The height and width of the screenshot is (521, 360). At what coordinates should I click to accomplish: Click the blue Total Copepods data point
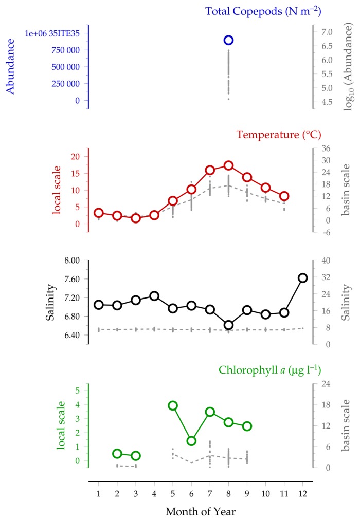(x=228, y=40)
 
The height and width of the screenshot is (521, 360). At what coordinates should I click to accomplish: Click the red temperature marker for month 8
(x=228, y=165)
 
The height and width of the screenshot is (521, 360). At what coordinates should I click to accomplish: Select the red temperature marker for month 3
(x=135, y=218)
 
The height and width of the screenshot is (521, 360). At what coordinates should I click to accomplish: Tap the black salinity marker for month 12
(x=302, y=278)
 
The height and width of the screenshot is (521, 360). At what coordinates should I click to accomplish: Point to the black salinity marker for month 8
(x=228, y=325)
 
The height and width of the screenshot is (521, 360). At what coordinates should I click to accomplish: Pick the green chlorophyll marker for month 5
(x=173, y=405)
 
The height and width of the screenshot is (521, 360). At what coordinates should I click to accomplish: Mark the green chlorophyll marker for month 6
(x=191, y=441)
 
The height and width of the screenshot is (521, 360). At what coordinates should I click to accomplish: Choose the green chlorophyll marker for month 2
(x=117, y=454)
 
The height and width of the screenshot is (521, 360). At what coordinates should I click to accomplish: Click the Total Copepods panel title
(x=263, y=11)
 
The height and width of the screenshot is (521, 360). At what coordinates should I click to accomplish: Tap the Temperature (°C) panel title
(x=279, y=135)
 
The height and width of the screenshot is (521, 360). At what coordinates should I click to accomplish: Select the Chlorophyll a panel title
(x=270, y=370)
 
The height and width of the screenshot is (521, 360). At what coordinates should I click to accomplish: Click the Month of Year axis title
(x=201, y=511)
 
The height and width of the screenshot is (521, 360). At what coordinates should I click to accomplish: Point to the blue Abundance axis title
(x=10, y=66)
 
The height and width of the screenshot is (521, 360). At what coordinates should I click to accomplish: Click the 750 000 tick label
(x=65, y=50)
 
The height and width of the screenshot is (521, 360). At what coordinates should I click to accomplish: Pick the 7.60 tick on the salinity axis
(x=72, y=279)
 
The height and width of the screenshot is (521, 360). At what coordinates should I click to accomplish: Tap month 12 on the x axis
(x=302, y=493)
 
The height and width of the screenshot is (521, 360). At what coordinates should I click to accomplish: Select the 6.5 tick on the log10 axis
(x=327, y=46)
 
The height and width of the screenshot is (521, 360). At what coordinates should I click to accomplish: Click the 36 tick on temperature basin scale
(x=326, y=148)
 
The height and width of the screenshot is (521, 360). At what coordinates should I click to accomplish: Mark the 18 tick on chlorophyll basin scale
(x=326, y=405)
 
